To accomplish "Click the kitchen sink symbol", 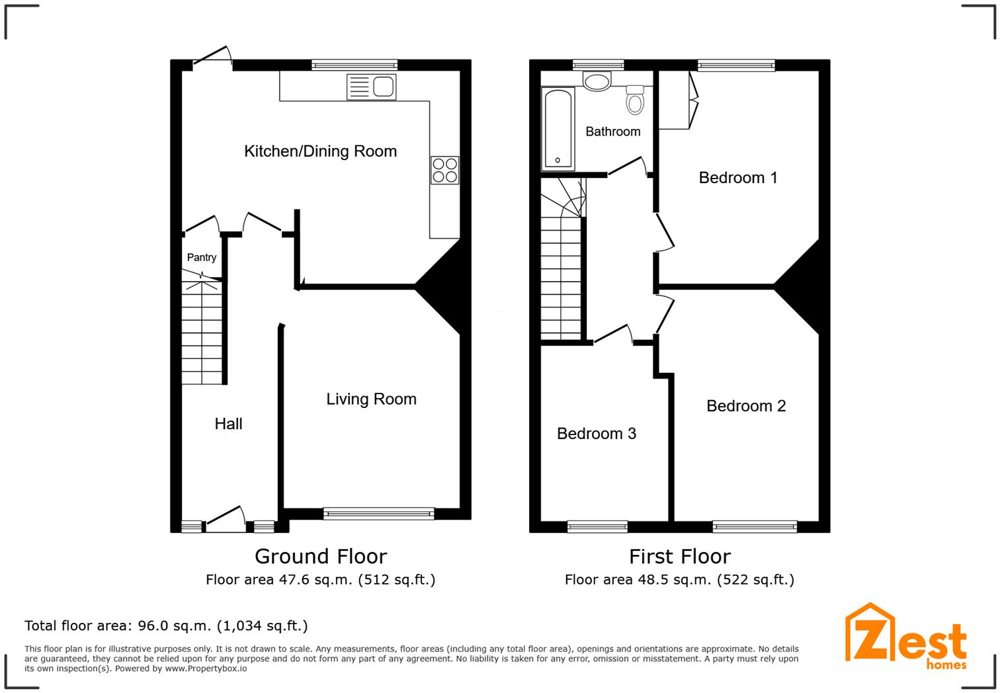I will click(x=371, y=87).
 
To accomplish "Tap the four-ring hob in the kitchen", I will click(x=444, y=170).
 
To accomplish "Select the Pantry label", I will click(x=202, y=258).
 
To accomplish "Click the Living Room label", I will click(x=371, y=399).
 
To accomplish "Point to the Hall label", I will click(x=228, y=424).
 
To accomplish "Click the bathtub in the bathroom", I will click(x=558, y=129).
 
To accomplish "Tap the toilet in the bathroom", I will click(x=635, y=101).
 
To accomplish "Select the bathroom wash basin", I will click(x=597, y=81).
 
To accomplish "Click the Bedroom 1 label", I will click(x=737, y=177).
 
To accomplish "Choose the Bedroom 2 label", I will click(x=745, y=406).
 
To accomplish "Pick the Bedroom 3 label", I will click(x=596, y=434).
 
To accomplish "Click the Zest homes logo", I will click(x=905, y=637).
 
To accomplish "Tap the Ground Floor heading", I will click(x=321, y=556).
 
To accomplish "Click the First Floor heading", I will click(x=679, y=556).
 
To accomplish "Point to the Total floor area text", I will click(x=166, y=626).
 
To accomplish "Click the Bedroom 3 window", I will click(x=597, y=526).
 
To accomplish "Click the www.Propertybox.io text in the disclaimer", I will click(x=206, y=669).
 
